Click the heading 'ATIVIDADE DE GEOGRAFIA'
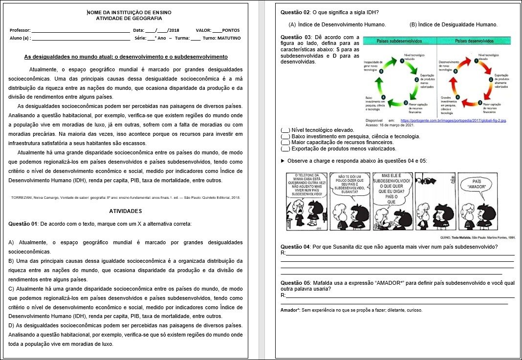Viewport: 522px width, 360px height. point(129,18)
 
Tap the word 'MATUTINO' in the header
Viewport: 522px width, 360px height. point(228,38)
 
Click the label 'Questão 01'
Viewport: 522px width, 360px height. point(22,224)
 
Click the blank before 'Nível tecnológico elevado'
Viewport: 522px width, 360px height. point(285,130)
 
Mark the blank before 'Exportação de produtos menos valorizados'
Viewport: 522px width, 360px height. point(285,149)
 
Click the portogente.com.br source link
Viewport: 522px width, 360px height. point(453,120)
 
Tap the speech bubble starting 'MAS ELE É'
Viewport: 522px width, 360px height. point(391,188)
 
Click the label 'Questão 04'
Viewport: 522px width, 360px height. point(295,247)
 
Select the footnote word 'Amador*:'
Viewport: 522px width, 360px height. point(290,310)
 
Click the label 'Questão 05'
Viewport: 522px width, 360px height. point(295,283)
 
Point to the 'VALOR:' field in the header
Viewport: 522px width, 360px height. point(204,30)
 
